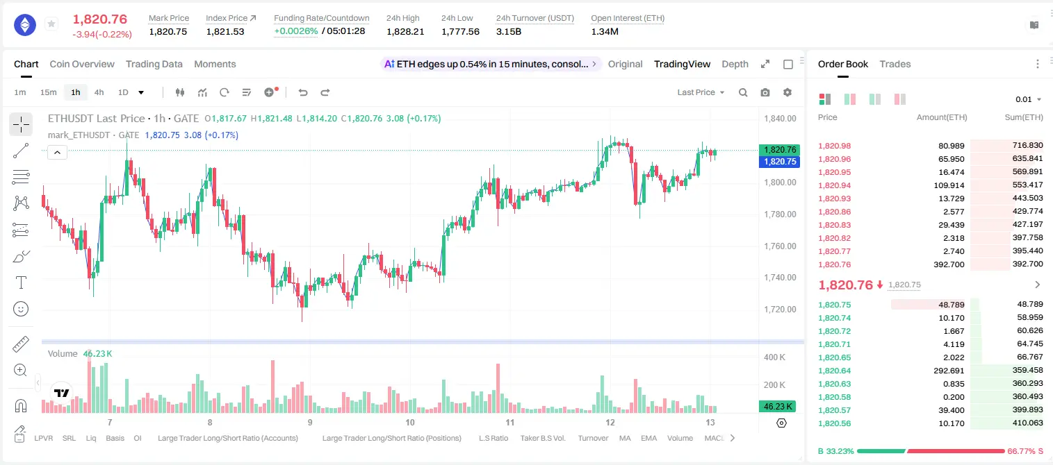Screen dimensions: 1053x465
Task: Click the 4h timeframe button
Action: click(99, 92)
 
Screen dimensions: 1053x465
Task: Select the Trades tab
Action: click(895, 64)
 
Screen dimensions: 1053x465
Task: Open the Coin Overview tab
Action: click(82, 64)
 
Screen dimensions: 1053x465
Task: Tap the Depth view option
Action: click(735, 64)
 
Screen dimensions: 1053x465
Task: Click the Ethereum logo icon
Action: click(25, 25)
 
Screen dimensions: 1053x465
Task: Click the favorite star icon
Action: click(51, 24)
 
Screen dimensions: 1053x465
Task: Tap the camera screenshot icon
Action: click(765, 92)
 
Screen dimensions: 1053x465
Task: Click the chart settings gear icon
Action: click(787, 92)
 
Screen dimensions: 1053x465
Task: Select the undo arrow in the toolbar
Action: click(303, 92)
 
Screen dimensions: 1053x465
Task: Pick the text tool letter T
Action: click(21, 282)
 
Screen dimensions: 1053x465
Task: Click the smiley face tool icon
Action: click(21, 309)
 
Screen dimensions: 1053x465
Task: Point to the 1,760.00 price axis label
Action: click(781, 246)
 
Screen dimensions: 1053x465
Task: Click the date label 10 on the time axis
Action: click(410, 422)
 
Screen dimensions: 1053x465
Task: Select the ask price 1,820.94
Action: click(835, 185)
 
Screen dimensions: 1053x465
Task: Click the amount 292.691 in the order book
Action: click(949, 371)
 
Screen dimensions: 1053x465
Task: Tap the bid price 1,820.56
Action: click(835, 423)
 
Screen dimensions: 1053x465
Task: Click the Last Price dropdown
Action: click(701, 92)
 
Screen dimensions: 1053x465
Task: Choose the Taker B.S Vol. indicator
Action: click(542, 438)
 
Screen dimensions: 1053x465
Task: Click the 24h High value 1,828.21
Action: click(405, 31)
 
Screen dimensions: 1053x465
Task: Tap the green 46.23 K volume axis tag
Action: click(778, 406)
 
